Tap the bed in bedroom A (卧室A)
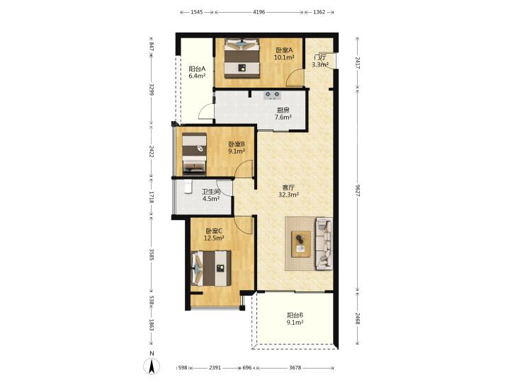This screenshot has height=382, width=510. [242, 58]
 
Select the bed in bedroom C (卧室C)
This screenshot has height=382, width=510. [211, 268]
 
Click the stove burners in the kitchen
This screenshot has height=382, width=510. [273, 95]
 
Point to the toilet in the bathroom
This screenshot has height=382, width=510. [188, 187]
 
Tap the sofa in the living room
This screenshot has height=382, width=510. [324, 243]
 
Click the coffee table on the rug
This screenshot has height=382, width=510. [301, 244]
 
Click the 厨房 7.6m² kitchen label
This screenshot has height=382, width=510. [283, 114]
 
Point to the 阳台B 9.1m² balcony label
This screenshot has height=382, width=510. [295, 318]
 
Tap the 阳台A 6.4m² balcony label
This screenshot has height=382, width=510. [197, 72]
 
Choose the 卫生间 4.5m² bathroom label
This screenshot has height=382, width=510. [211, 195]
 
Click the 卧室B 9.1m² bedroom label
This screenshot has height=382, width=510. [237, 147]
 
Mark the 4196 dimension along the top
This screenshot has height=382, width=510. [259, 12]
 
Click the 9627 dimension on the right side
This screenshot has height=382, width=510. [358, 190]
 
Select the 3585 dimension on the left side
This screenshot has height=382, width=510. [152, 255]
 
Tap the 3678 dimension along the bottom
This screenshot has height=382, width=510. [295, 368]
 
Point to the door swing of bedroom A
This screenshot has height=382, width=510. [295, 79]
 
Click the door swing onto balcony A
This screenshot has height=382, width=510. [206, 112]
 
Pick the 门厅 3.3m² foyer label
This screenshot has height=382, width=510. [320, 61]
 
